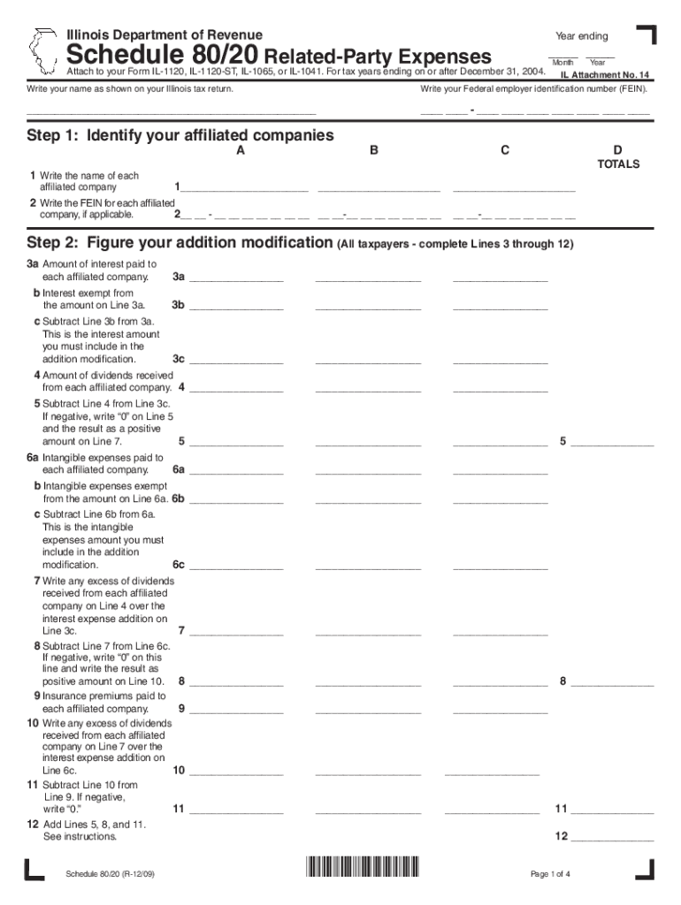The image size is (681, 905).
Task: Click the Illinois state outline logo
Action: point(42,51)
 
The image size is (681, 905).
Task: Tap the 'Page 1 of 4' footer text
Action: point(550,875)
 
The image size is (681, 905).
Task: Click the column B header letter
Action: point(374,150)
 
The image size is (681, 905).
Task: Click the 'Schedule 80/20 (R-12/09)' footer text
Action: point(110,875)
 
